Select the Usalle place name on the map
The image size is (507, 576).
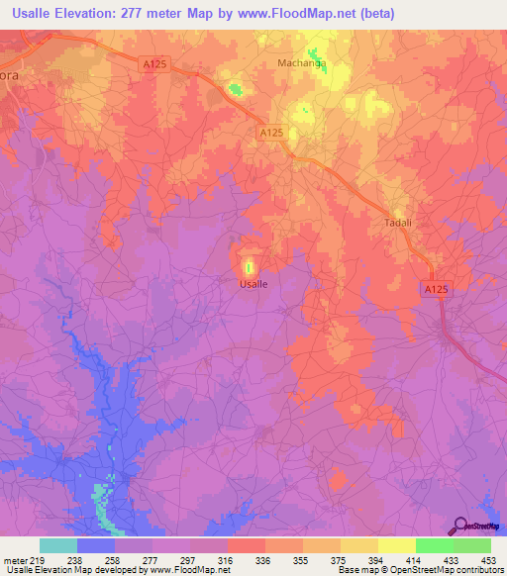(253, 283)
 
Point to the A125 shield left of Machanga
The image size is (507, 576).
(154, 63)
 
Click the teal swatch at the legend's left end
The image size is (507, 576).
(58, 545)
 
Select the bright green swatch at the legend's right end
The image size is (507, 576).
(472, 545)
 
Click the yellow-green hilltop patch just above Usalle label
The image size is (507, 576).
(249, 265)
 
